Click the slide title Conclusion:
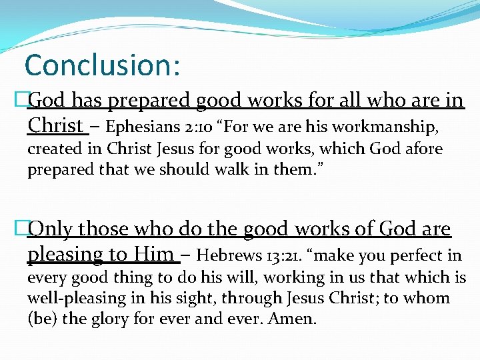(102, 65)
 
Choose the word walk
(231, 169)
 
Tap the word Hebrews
(229, 255)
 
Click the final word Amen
(291, 319)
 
